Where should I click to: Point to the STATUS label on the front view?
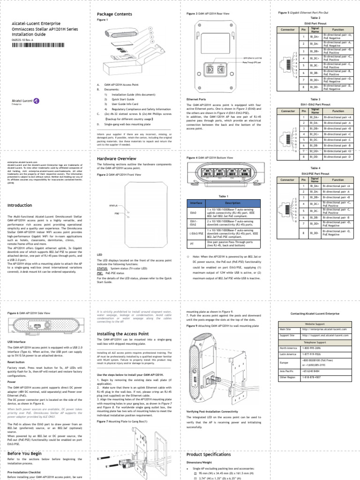(113, 206)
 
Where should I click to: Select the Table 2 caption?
(315, 17)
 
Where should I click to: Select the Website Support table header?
(315, 323)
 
